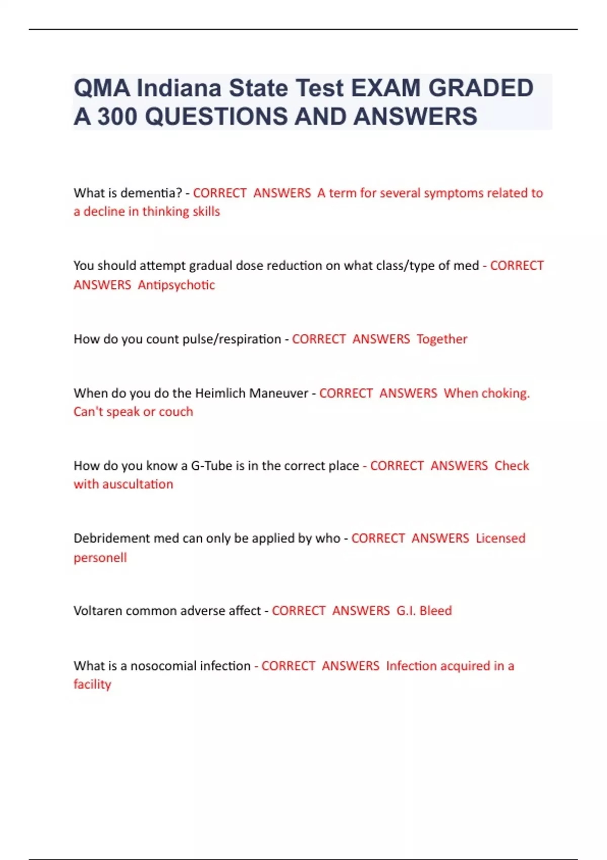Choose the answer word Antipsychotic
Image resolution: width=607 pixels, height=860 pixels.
[x=176, y=285]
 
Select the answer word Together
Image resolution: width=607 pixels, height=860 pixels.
[x=442, y=339]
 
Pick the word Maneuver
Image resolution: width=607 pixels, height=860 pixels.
[x=284, y=393]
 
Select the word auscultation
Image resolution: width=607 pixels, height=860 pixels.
[x=138, y=484]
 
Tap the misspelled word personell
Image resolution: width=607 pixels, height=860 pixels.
[x=100, y=557]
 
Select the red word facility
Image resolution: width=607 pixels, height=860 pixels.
[x=92, y=684]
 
